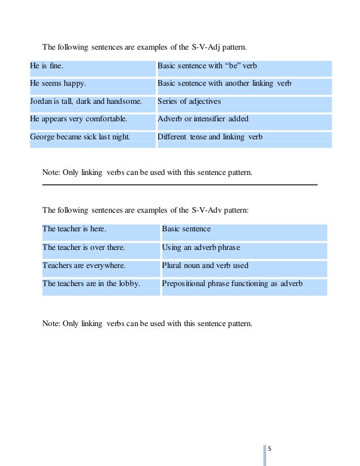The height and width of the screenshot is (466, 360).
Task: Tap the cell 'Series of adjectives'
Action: (189, 102)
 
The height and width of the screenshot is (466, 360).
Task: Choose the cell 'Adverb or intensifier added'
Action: (203, 119)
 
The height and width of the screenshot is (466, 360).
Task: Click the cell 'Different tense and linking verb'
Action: (209, 137)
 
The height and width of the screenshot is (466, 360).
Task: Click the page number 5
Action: (269, 449)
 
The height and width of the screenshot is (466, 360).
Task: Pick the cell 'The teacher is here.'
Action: (74, 230)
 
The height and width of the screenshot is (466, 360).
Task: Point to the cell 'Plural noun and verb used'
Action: (205, 265)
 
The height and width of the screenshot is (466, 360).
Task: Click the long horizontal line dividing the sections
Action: (180, 184)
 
